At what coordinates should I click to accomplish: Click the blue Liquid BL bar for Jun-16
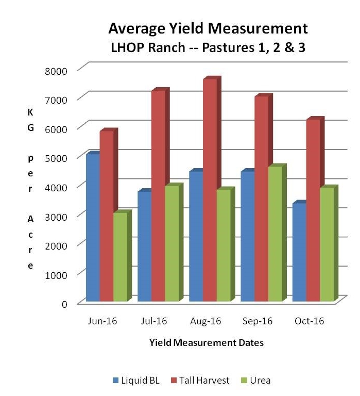[93, 227]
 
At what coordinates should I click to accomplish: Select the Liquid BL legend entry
[136, 381]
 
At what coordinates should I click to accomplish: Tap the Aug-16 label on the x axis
[205, 321]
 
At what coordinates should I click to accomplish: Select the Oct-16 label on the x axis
[309, 321]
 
